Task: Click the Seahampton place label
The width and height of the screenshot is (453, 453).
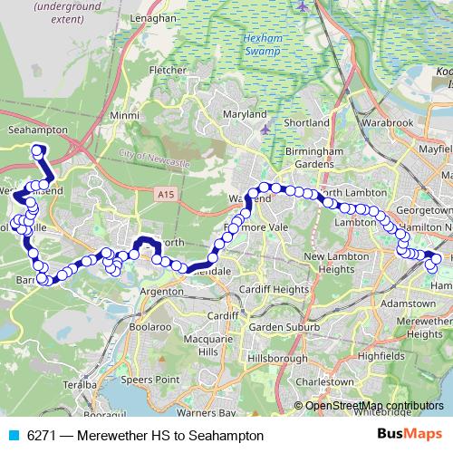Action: (35, 130)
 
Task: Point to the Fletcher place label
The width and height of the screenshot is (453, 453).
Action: (168, 69)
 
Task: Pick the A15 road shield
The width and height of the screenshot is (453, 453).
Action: (164, 194)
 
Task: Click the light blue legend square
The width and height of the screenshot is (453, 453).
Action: (13, 436)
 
